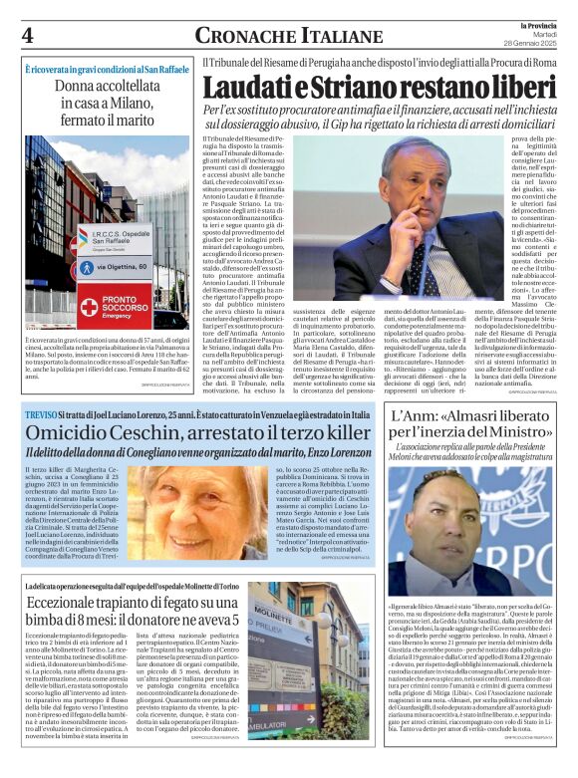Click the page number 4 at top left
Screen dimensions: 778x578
point(27,35)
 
